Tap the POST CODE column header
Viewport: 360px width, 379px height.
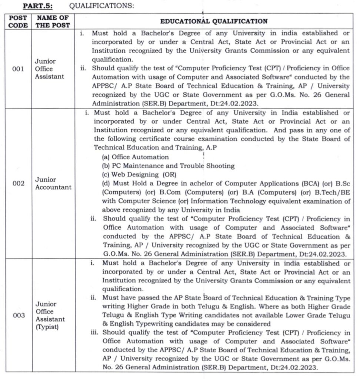pos(18,21)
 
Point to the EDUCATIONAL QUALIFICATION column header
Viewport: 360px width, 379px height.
pos(214,21)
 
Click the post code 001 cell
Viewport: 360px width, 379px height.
pos(18,69)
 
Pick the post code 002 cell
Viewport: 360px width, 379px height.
pos(18,183)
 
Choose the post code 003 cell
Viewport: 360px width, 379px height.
pos(18,315)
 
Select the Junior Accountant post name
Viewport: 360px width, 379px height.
pos(53,183)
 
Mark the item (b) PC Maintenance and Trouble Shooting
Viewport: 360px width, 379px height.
pos(168,166)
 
